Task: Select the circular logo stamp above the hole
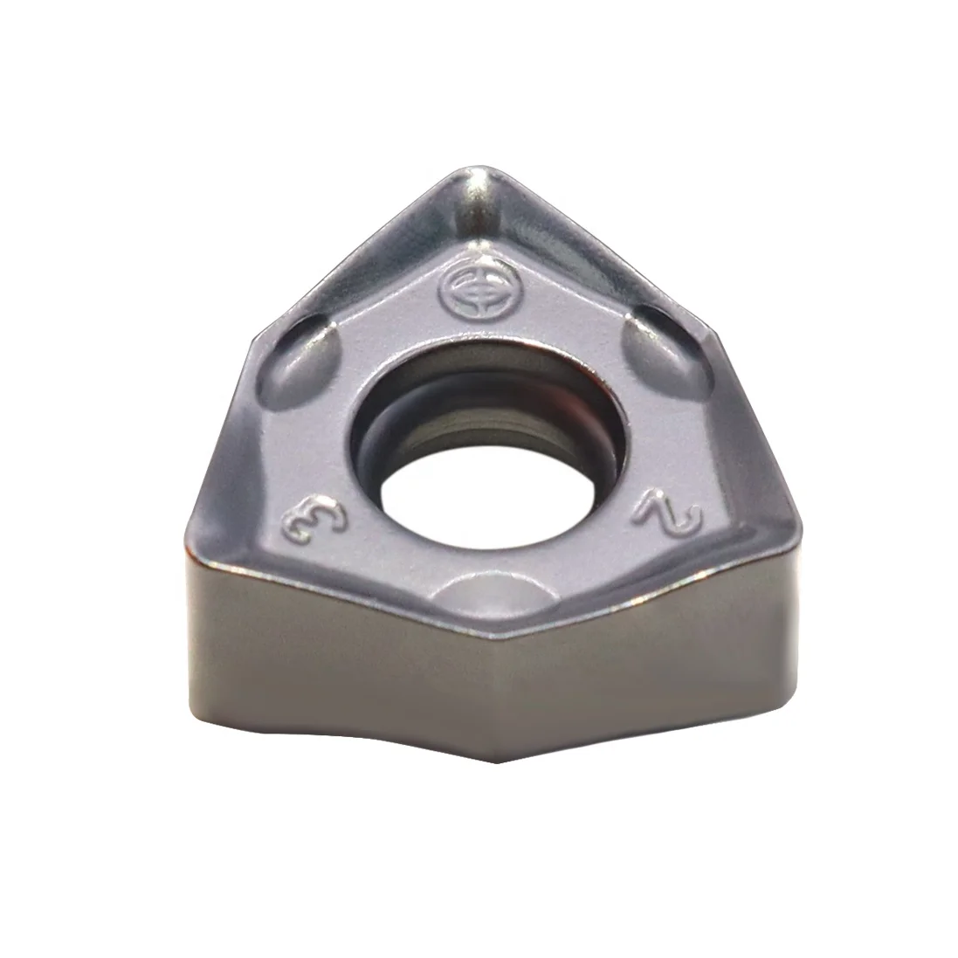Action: (x=469, y=291)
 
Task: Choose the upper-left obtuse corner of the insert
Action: (x=254, y=337)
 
